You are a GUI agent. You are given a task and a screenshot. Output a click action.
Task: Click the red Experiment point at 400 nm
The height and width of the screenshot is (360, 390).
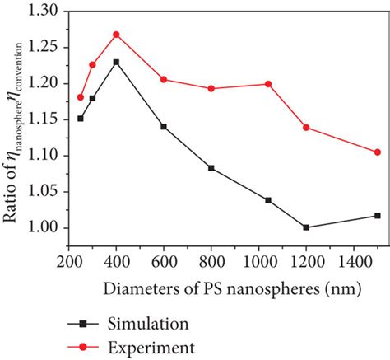click(116, 35)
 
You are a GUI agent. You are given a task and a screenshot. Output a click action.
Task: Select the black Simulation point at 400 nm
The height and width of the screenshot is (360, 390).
click(116, 62)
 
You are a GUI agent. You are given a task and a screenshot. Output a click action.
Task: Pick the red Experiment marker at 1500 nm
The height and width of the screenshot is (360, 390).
click(378, 152)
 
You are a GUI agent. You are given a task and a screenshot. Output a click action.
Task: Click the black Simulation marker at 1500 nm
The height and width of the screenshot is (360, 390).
click(378, 215)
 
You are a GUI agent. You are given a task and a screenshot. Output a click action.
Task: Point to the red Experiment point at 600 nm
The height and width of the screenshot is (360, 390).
click(164, 79)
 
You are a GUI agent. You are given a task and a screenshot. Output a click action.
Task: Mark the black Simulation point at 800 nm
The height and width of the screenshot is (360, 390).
click(211, 167)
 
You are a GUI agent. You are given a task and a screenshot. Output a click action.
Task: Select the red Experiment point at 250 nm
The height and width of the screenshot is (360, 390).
click(81, 97)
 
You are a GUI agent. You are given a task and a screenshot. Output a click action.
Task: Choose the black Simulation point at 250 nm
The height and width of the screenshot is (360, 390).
click(81, 119)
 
